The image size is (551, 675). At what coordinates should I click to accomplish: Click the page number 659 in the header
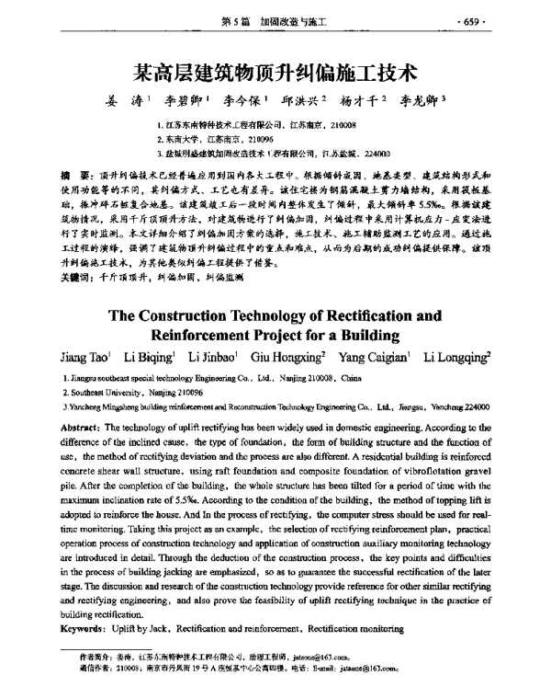[x=521, y=19]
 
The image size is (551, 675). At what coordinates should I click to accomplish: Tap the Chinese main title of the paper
[x=275, y=70]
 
